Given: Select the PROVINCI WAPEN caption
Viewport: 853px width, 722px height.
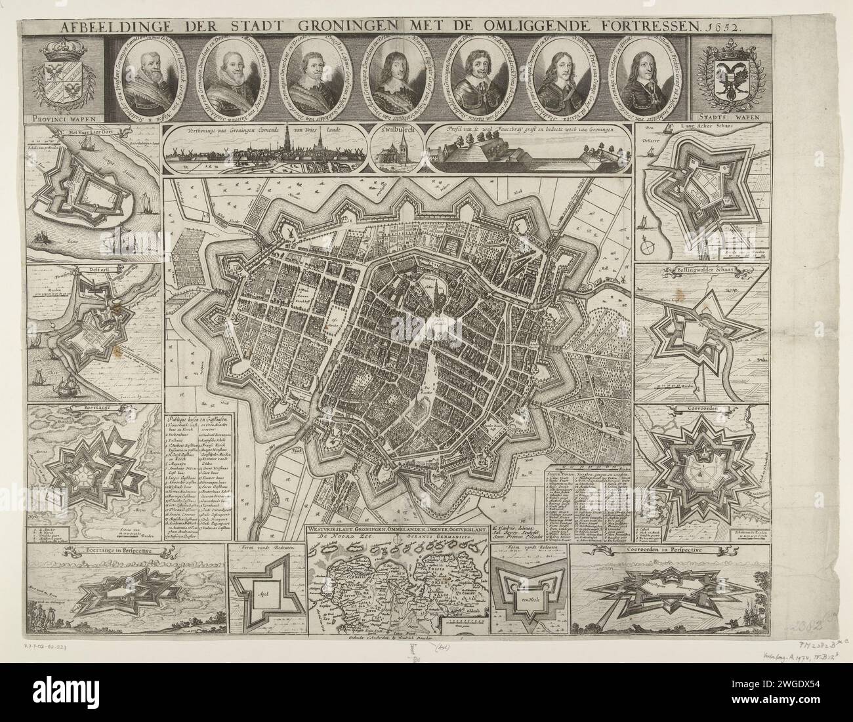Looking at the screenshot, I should [62, 118].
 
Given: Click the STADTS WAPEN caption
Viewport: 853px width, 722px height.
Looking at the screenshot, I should [724, 118].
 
